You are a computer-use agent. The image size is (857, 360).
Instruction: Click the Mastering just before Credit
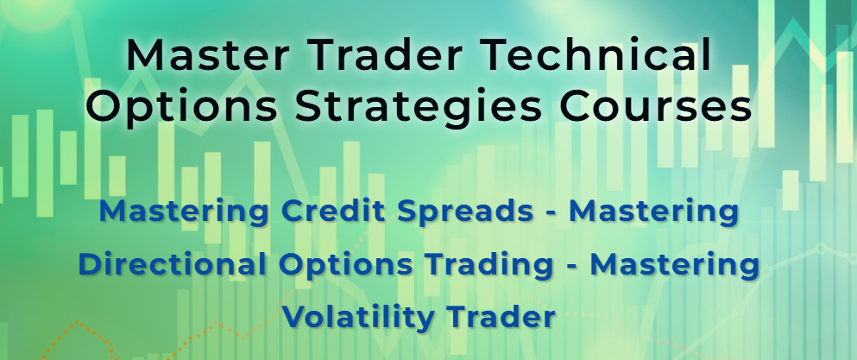coord(184,212)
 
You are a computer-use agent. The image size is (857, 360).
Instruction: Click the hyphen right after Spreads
coord(551,214)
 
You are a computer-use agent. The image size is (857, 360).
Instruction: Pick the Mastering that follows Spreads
coord(653,212)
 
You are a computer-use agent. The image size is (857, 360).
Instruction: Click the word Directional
coord(172,264)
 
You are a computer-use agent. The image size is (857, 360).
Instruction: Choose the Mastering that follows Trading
coord(675,265)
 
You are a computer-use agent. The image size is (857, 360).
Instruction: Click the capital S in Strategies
coord(309,107)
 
